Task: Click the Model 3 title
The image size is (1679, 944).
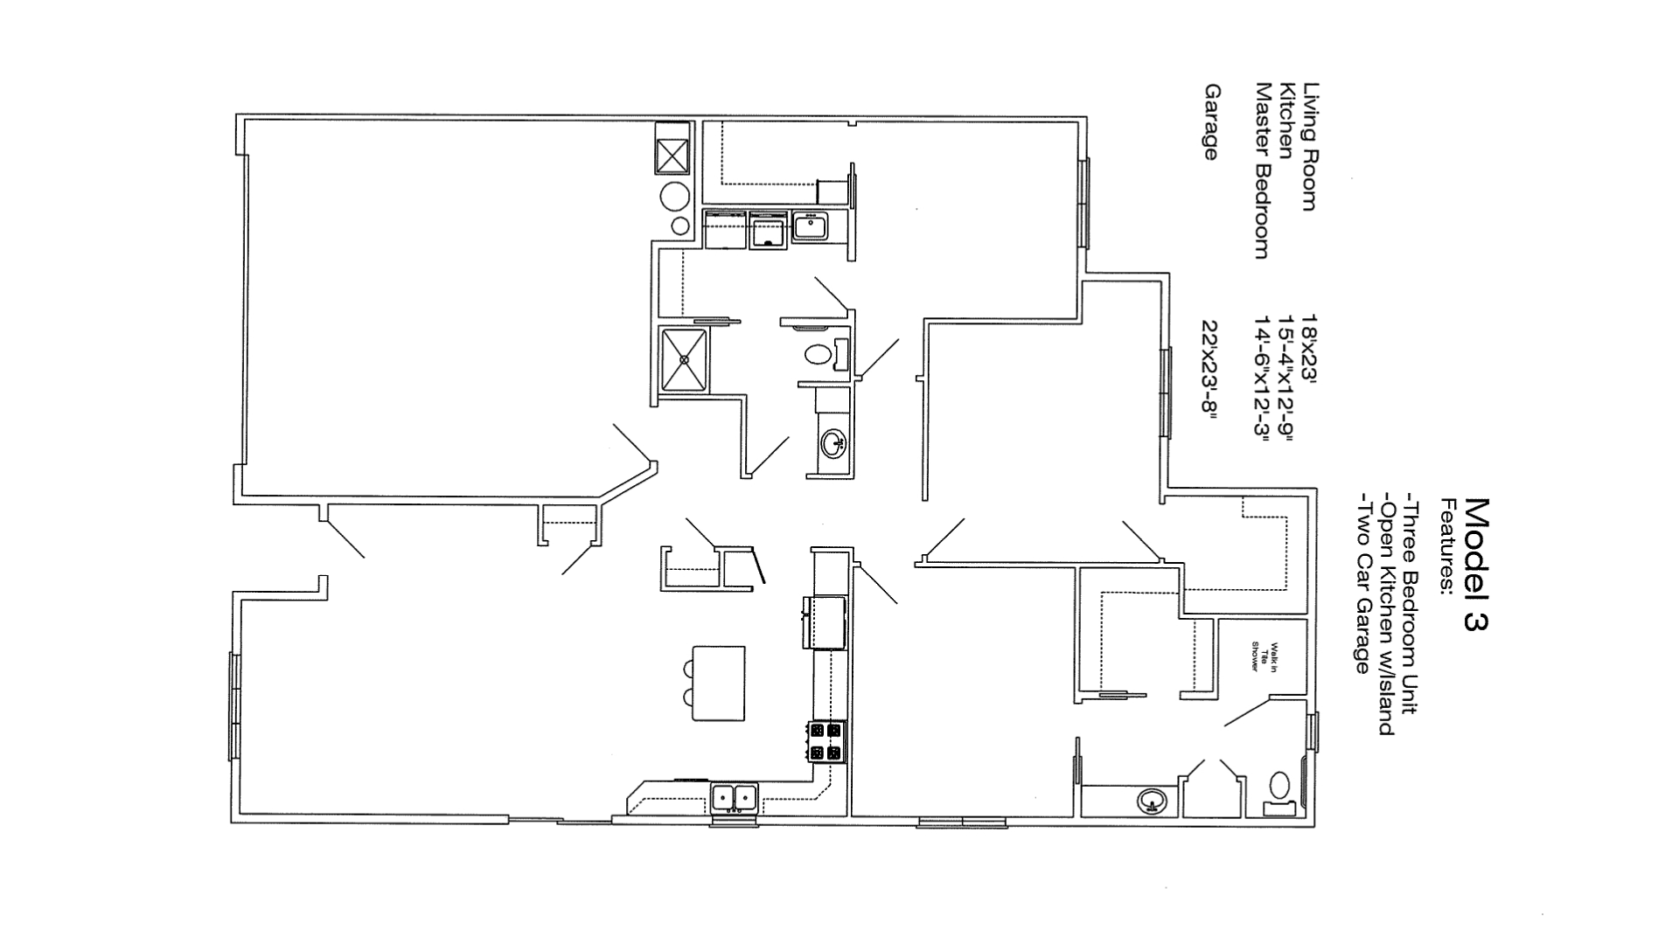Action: click(x=1475, y=564)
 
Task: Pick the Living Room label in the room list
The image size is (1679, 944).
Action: click(x=1309, y=147)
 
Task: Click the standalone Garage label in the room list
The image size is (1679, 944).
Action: click(x=1211, y=122)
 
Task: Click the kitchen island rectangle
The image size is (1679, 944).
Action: click(x=719, y=684)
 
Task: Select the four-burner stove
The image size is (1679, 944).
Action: click(x=826, y=741)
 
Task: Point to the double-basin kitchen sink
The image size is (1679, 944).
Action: click(x=734, y=797)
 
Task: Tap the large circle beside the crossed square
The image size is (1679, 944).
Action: click(x=676, y=197)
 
